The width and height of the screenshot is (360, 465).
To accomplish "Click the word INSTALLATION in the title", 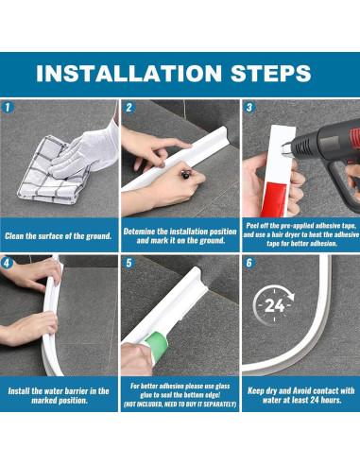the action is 129,74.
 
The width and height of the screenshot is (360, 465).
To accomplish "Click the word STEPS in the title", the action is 271,74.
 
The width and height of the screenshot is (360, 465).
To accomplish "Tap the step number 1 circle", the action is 8,107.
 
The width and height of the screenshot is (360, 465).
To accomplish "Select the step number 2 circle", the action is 129,107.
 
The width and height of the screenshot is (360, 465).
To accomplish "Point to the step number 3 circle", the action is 249,107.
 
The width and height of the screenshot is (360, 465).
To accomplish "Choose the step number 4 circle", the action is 7,263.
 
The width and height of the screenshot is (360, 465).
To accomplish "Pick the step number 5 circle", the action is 129,263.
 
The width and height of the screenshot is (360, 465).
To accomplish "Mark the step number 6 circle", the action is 249,263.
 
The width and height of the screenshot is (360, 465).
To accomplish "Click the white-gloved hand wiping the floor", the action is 87,150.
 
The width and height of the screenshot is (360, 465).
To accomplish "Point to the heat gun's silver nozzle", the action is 286,149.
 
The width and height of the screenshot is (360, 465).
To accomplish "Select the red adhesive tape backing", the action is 274,199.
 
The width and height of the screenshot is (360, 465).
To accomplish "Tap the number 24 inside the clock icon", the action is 274,305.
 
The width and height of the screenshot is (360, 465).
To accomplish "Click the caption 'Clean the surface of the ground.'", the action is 59,236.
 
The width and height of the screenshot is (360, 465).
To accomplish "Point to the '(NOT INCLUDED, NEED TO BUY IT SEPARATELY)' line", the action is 180,405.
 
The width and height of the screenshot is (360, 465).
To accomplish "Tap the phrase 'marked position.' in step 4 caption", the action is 60,401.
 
